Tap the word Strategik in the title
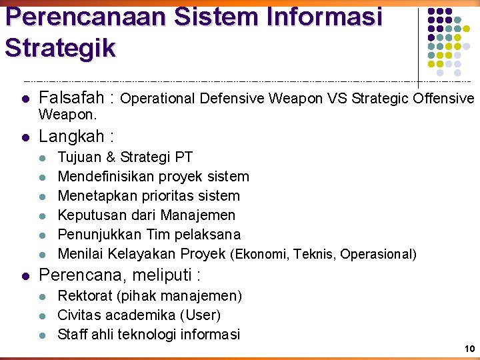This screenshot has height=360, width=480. [60, 47]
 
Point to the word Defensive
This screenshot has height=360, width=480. [233, 99]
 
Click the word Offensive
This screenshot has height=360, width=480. [443, 99]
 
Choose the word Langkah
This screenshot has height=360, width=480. [71, 137]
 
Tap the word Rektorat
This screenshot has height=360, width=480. [84, 295]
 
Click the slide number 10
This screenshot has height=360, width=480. [469, 349]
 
